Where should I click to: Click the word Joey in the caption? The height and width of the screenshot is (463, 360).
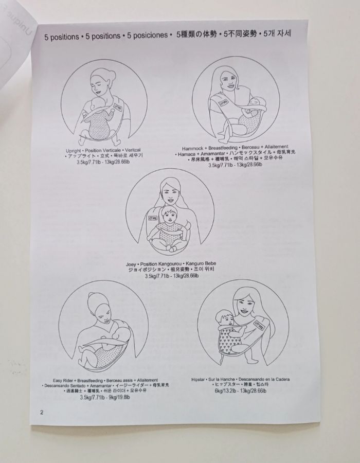131,263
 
